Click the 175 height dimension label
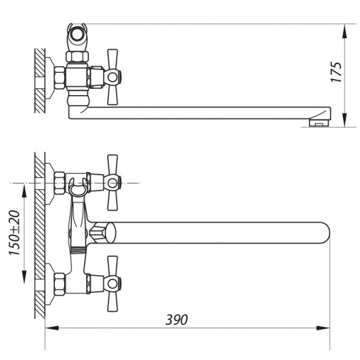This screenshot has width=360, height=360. coord(337,72)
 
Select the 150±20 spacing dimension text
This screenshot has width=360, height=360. coord(14,233)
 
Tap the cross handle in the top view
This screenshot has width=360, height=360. coord(112,77)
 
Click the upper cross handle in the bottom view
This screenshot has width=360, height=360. coord(112,183)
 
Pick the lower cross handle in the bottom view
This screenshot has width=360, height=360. coord(112,284)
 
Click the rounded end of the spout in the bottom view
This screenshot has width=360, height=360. coord(326,232)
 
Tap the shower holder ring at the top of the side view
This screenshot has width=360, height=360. coord(77,33)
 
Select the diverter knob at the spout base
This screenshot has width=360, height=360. coord(104,233)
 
